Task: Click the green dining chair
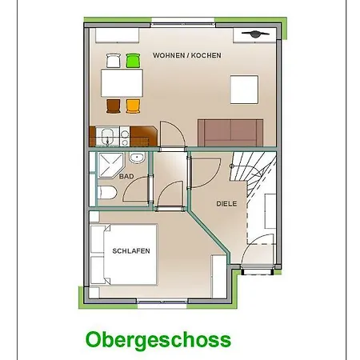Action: point(133,61)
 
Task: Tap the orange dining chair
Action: point(133,106)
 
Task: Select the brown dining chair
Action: point(114,106)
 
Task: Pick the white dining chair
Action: point(114,61)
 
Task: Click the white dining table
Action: point(122,83)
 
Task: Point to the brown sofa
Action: point(230,133)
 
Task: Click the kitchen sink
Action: point(107,137)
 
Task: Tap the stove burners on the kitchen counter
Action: point(125,137)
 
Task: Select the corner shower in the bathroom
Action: point(110,166)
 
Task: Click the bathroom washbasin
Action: point(137,158)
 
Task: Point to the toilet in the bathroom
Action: point(107,193)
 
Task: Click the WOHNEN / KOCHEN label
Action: point(187,55)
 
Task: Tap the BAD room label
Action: point(126,176)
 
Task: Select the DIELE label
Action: point(226,204)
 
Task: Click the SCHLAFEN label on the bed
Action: point(131,251)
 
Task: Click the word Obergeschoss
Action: point(158,340)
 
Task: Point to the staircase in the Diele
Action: point(254,174)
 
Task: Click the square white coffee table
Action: point(244,90)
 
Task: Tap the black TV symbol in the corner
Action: point(255,34)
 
